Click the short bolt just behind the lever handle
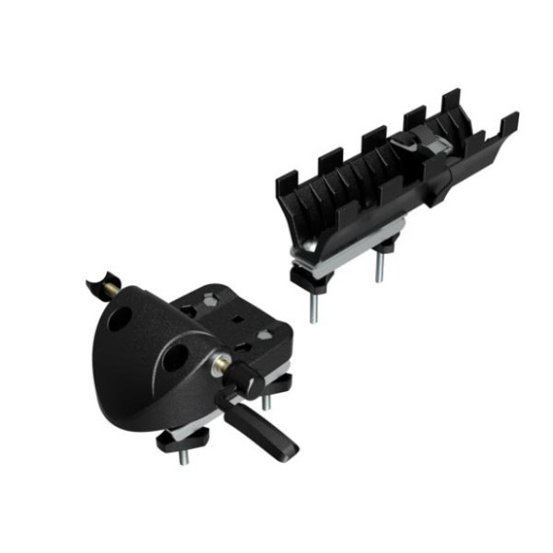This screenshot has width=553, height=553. pos(267,401)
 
